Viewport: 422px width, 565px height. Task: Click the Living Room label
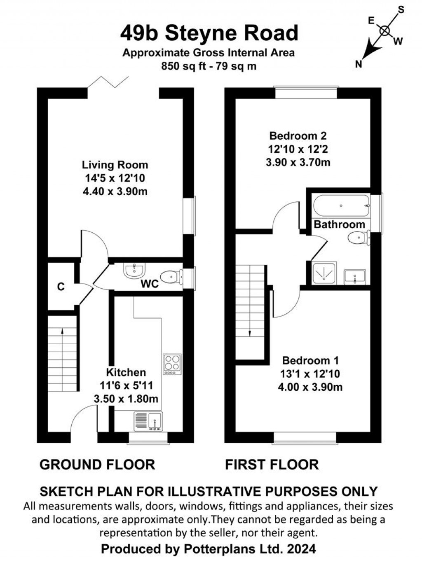115,165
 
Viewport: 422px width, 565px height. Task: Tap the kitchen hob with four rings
172,364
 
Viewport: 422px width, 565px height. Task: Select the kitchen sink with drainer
148,421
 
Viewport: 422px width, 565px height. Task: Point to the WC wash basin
134,270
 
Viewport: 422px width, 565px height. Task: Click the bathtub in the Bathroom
341,205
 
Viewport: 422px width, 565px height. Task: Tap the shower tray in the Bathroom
324,273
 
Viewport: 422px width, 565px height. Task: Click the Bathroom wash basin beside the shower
355,277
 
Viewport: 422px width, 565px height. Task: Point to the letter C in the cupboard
61,287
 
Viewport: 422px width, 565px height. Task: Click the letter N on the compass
359,64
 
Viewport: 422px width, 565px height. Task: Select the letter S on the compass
401,10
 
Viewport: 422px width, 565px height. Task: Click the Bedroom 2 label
298,135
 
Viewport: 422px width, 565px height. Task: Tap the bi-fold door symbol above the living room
108,82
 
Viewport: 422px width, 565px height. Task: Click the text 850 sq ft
183,66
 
